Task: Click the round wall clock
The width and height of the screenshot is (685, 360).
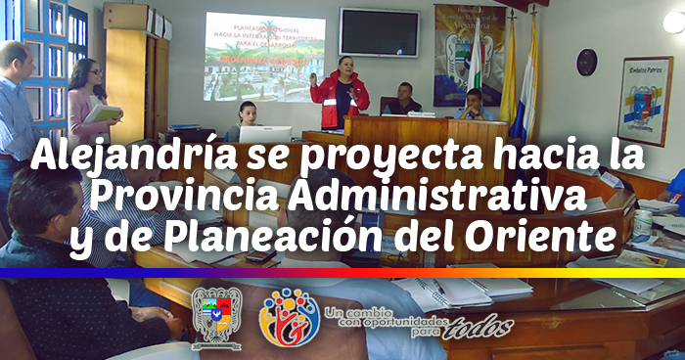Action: pos(586,62)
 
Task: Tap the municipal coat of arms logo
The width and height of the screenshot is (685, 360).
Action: pos(215,315)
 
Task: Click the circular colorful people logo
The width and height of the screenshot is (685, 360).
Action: pos(288,316)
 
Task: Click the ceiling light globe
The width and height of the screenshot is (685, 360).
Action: pos(674,21)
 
